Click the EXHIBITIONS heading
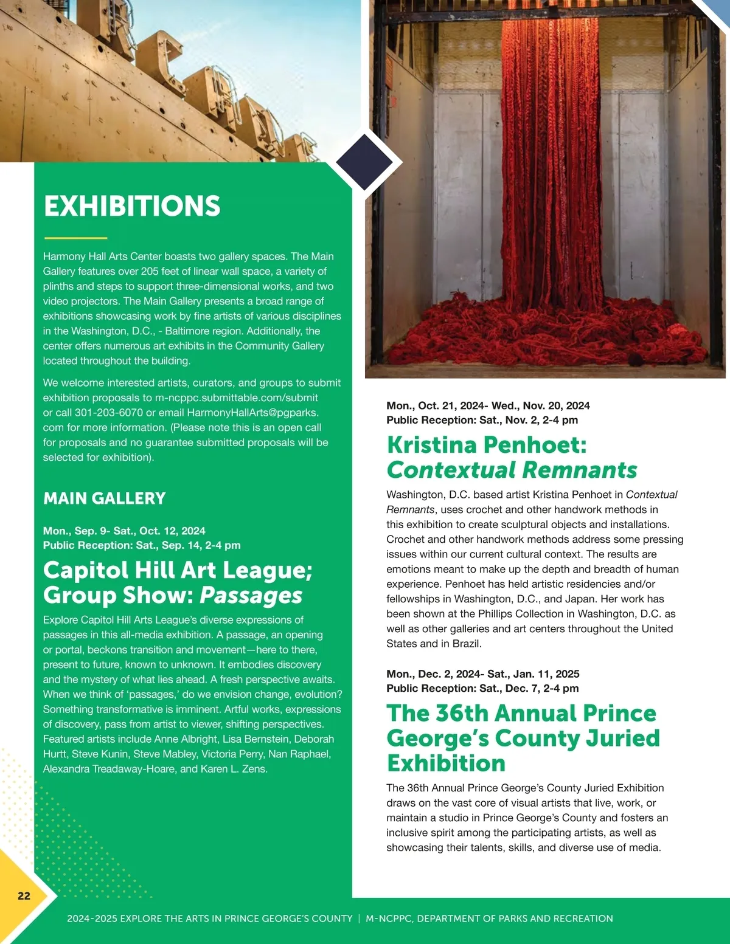point(132,206)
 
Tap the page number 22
point(24,895)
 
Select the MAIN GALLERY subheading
point(105,498)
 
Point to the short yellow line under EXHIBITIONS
point(75,238)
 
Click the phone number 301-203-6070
point(109,413)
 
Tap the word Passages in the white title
point(251,595)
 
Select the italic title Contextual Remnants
point(512,470)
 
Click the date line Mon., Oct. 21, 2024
point(436,405)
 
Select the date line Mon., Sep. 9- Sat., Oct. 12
point(124,531)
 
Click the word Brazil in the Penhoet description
point(466,644)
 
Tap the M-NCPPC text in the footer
point(388,918)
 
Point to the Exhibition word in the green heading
point(447,763)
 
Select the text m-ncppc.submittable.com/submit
point(237,398)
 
